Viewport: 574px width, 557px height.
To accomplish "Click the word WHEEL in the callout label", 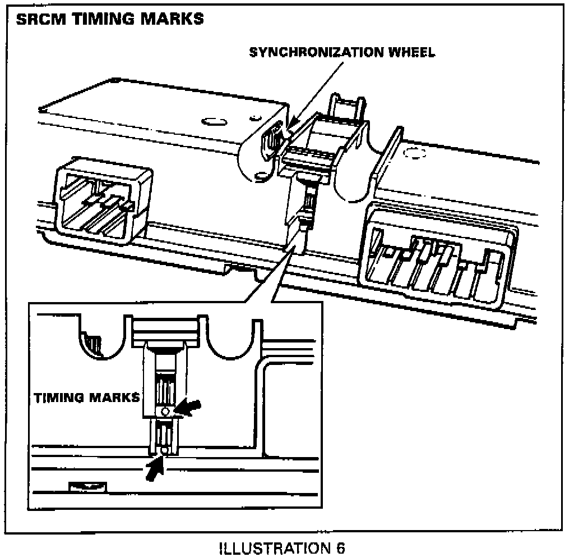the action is pos(411,52).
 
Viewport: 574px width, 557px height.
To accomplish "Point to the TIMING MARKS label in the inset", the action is pos(87,398).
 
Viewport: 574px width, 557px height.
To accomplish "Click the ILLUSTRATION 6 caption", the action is pos(282,548).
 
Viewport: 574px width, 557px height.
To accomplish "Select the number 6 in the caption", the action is pos(340,548).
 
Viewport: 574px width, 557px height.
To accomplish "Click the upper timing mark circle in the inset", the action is pos(165,412).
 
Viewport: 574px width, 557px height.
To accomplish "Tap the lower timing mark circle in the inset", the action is pos(164,450).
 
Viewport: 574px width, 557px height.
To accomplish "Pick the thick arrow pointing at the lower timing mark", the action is pos(154,468).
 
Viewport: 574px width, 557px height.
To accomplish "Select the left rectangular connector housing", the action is pos(104,200).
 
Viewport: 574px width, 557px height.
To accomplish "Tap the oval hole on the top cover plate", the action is pos(214,121).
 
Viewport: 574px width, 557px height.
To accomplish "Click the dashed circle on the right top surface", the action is pos(414,153).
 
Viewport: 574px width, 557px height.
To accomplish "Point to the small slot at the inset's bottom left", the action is pos(88,487).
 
